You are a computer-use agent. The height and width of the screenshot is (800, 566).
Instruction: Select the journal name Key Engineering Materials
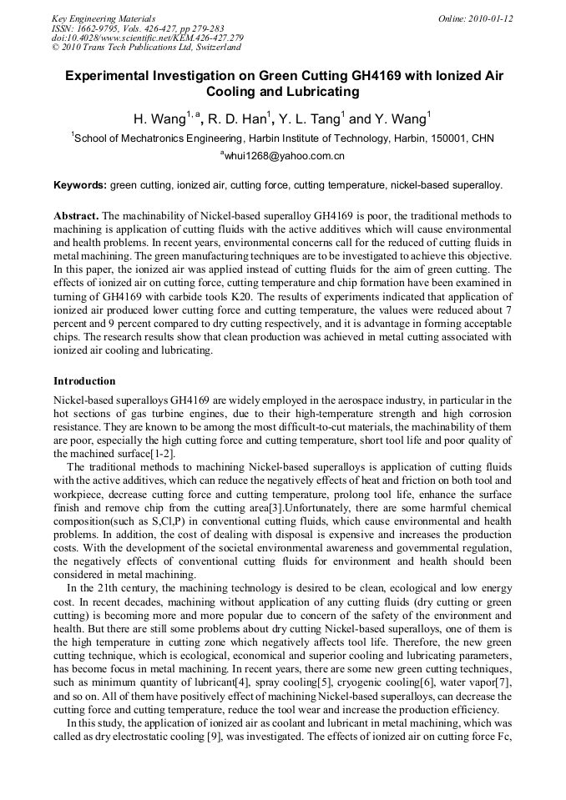(104, 18)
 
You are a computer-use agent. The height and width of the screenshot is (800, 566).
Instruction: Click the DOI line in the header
(147, 38)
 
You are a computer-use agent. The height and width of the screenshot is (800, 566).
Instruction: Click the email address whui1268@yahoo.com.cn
(285, 156)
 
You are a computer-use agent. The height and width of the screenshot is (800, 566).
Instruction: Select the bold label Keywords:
(80, 184)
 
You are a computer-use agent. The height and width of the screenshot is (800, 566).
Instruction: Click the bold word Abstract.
(77, 215)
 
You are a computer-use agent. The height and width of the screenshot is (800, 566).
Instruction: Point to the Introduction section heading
(84, 381)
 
